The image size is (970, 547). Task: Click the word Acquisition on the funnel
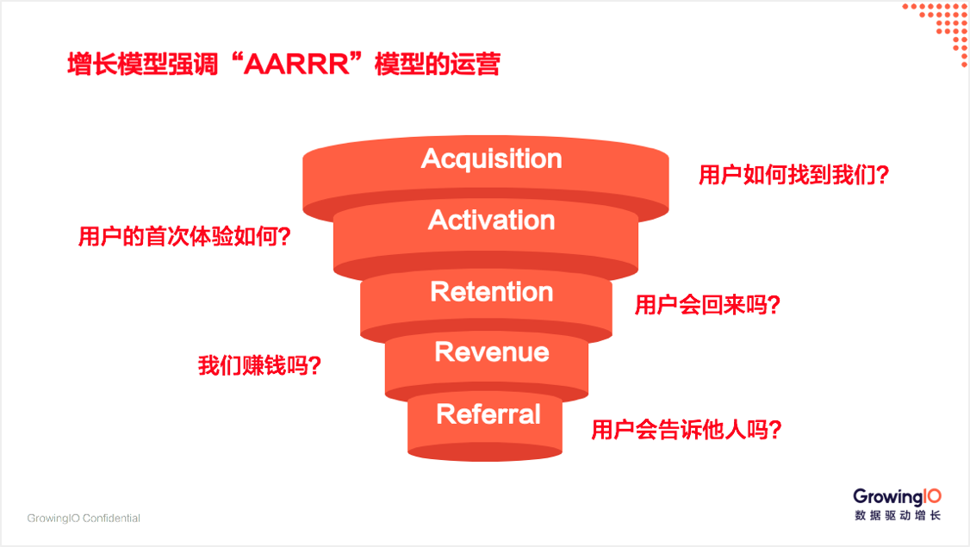pyautogui.click(x=492, y=159)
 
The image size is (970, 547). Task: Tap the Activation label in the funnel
pyautogui.click(x=492, y=221)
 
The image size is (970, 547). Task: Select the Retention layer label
pyautogui.click(x=492, y=291)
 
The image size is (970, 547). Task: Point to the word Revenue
pyautogui.click(x=492, y=352)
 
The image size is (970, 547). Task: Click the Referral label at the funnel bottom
pyautogui.click(x=488, y=414)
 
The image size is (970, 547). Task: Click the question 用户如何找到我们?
pyautogui.click(x=793, y=175)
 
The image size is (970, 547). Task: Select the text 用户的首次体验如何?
pyautogui.click(x=184, y=236)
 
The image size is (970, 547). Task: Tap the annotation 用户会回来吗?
pyautogui.click(x=707, y=304)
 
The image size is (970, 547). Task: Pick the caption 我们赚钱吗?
pyautogui.click(x=259, y=365)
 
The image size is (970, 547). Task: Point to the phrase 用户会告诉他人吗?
pyautogui.click(x=686, y=430)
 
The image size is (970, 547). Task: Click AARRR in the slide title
pyautogui.click(x=297, y=65)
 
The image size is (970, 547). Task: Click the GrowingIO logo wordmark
pyautogui.click(x=897, y=497)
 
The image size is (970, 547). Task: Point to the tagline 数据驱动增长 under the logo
pyautogui.click(x=898, y=515)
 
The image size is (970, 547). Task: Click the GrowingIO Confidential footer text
pyautogui.click(x=84, y=518)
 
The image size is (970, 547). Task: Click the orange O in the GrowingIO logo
pyautogui.click(x=934, y=495)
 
